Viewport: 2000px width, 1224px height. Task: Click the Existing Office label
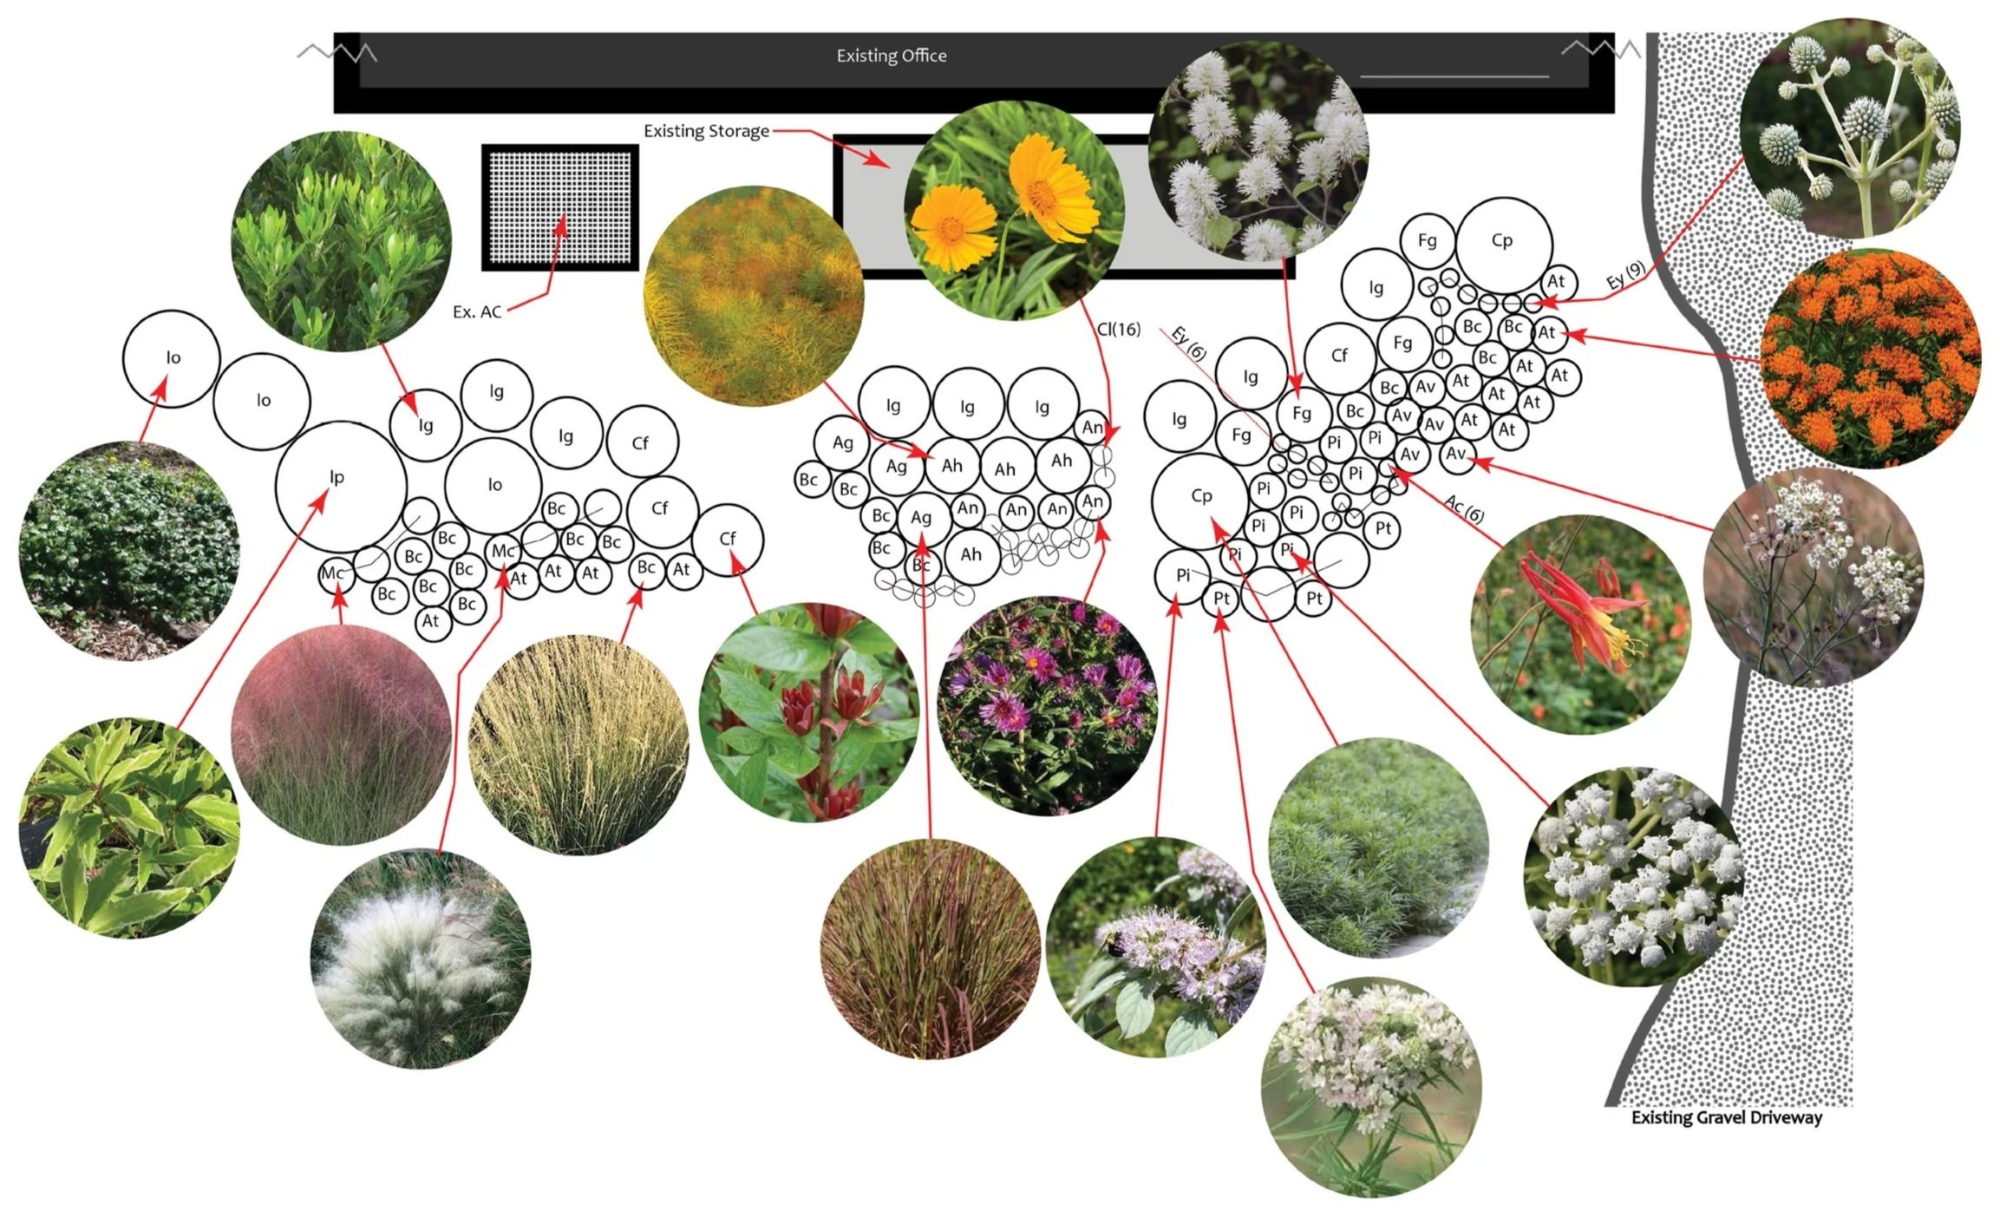pyautogui.click(x=891, y=56)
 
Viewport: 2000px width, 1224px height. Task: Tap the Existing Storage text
pyautogui.click(x=706, y=131)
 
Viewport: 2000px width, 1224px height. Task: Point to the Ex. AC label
pyautogui.click(x=477, y=311)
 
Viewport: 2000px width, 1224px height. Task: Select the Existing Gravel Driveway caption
pyautogui.click(x=1726, y=1117)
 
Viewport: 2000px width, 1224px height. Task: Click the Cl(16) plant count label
pyautogui.click(x=1119, y=330)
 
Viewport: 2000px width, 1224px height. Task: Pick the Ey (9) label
pyautogui.click(x=1624, y=275)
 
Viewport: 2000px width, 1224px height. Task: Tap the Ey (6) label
pyautogui.click(x=1188, y=344)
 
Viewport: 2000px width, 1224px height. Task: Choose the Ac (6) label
pyautogui.click(x=1464, y=509)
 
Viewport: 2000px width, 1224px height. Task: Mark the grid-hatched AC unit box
pyautogui.click(x=560, y=207)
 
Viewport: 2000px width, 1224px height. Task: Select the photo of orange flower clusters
pyautogui.click(x=1870, y=359)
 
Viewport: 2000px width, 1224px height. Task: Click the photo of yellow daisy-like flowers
pyautogui.click(x=1014, y=211)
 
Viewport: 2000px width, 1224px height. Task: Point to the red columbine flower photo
pyautogui.click(x=1580, y=624)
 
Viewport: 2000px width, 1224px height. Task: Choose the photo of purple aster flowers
pyautogui.click(x=1047, y=705)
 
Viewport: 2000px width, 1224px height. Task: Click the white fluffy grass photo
pyautogui.click(x=421, y=959)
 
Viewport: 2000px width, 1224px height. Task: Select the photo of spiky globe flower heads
pyautogui.click(x=1849, y=128)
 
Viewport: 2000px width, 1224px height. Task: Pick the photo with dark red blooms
pyautogui.click(x=808, y=712)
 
